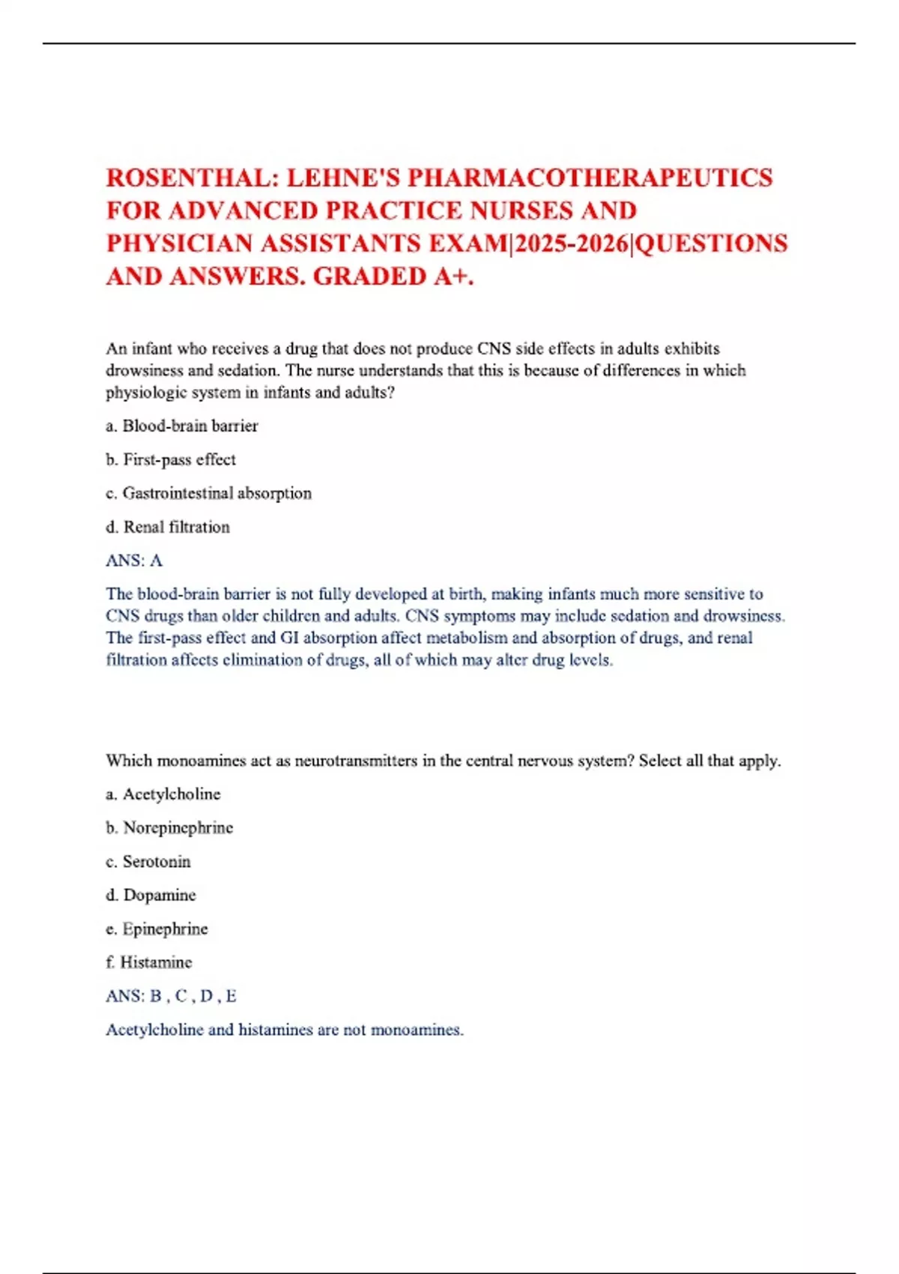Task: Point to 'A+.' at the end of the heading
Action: pos(454,277)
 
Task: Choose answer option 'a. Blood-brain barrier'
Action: pos(182,426)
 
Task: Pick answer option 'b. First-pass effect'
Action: pos(171,459)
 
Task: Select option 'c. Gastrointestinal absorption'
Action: pos(208,493)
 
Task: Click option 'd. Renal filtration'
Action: pos(168,527)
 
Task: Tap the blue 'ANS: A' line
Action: pos(134,561)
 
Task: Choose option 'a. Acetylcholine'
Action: pos(163,794)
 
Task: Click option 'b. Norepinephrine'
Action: pos(169,828)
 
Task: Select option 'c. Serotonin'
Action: pos(148,862)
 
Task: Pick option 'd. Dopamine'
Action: pos(151,896)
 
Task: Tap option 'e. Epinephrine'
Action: pos(157,929)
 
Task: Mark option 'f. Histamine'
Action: pos(149,962)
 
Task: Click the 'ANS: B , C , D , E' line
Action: pos(171,996)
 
